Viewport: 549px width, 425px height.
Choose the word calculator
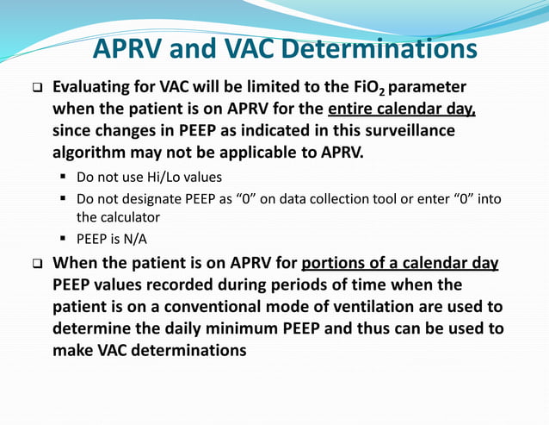pos(139,217)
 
